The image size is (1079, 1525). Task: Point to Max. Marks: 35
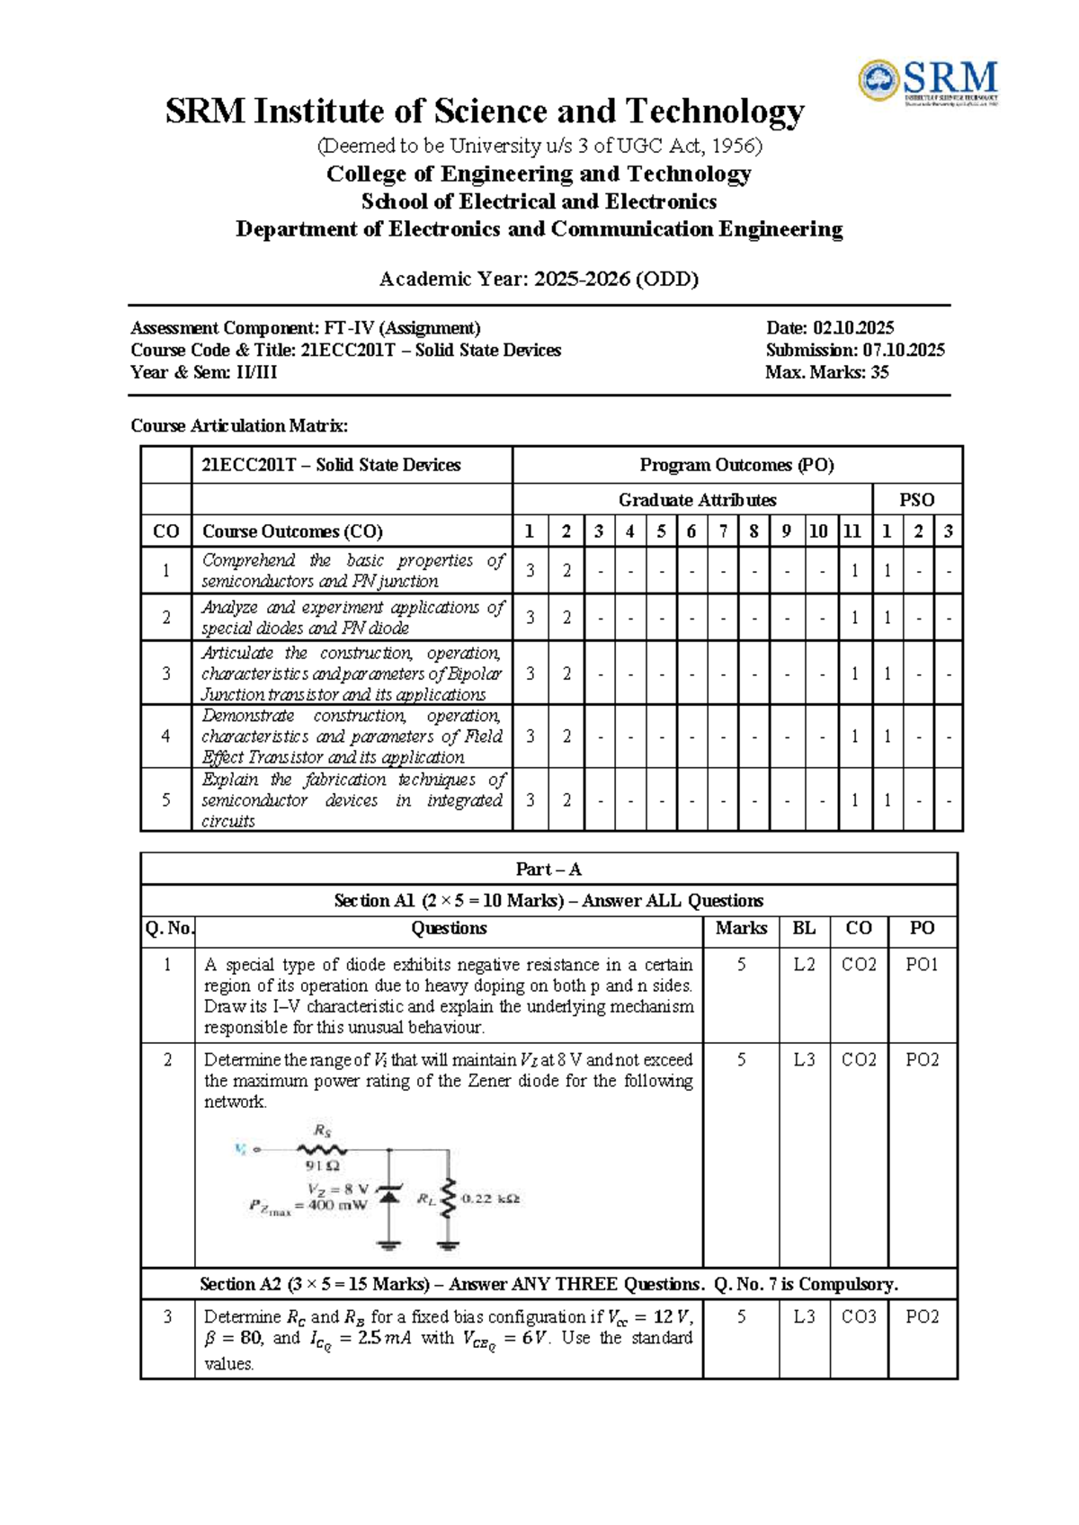pos(826,373)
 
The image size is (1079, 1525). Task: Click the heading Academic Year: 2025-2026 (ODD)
pos(539,279)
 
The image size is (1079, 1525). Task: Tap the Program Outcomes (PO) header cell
pos(736,465)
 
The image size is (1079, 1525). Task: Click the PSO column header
pos(916,500)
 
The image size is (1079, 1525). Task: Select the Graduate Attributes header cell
pos(696,500)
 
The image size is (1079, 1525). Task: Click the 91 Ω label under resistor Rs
pos(323,1166)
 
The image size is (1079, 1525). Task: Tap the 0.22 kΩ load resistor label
pos(490,1199)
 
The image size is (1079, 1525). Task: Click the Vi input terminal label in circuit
pos(241,1148)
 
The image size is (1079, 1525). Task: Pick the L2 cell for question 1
pos(804,965)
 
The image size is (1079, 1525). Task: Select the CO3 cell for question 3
pos(859,1317)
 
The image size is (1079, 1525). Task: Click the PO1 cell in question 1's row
pos(922,965)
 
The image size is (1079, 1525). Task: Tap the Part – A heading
pos(548,870)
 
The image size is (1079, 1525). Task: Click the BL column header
pos(804,928)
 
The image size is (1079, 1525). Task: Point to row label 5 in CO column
pos(165,799)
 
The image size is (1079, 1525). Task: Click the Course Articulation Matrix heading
pos(239,426)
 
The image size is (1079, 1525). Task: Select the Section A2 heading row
pos(548,1284)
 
